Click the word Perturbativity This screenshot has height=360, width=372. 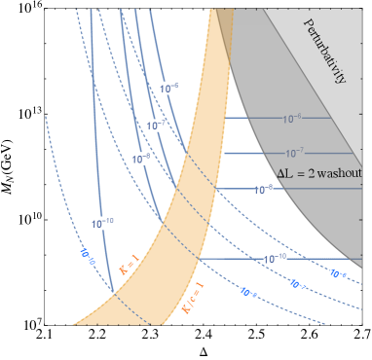coord(325,52)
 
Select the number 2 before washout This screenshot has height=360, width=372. coord(303,171)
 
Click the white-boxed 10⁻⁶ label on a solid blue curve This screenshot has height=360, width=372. coord(169,89)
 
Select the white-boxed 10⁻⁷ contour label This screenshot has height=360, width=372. coord(156,126)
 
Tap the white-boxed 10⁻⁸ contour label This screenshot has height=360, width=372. coord(141,158)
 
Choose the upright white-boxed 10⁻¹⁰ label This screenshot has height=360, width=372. coord(102,223)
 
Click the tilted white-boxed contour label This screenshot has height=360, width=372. coord(87,257)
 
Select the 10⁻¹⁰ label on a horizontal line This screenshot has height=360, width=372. coord(274,259)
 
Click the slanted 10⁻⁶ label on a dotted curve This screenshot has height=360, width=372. coord(339,274)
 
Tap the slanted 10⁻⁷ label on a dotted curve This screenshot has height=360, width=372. coord(297,284)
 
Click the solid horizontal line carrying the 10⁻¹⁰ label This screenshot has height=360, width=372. coord(321,259)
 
